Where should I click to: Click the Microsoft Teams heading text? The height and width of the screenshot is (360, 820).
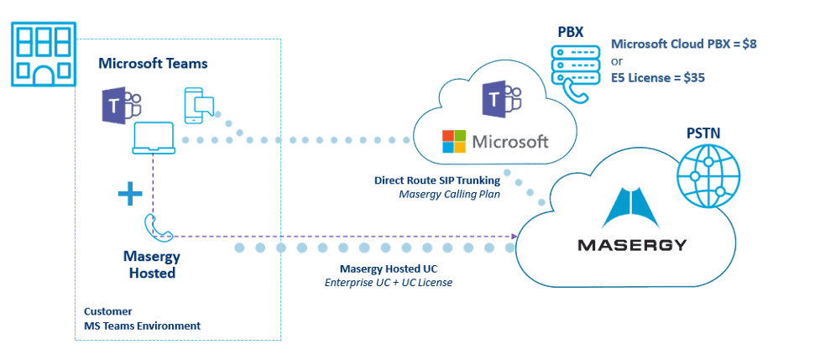(153, 63)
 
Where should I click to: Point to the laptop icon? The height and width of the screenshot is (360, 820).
(153, 139)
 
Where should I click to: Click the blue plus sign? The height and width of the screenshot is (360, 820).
(129, 196)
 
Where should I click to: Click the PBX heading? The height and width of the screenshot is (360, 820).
(570, 33)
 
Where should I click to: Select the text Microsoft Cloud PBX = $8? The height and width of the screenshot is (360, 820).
(684, 44)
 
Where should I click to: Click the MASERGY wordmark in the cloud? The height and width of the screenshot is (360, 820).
(632, 246)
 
